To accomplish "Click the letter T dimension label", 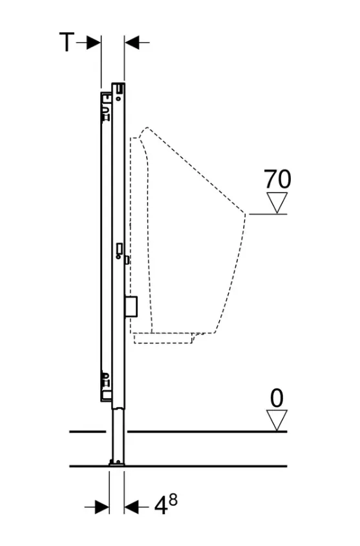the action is click(x=67, y=43).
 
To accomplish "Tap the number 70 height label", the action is click(x=277, y=180).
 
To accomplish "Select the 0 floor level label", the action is click(x=277, y=399).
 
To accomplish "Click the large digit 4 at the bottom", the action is click(x=161, y=507).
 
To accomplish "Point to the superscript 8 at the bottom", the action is click(x=173, y=500).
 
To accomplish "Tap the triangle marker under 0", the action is click(x=277, y=420).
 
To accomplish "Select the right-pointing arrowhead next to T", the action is click(x=94, y=43).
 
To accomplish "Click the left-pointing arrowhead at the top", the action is click(x=132, y=43).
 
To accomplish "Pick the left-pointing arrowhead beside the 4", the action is click(x=132, y=507).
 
